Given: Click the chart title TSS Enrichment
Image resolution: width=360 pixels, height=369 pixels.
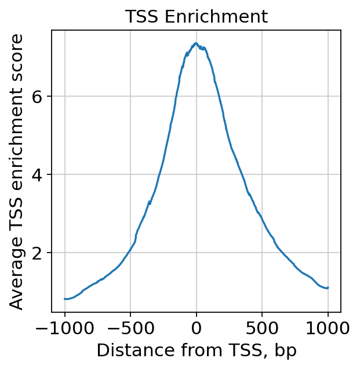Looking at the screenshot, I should [x=197, y=17].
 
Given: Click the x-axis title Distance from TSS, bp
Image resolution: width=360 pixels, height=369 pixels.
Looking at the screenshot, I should [x=197, y=351].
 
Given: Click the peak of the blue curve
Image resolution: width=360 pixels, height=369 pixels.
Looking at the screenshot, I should [x=196, y=43].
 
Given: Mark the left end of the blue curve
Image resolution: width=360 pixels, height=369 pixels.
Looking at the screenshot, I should [x=65, y=299].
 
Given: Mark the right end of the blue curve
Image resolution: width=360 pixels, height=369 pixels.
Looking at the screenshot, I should [x=328, y=287].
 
